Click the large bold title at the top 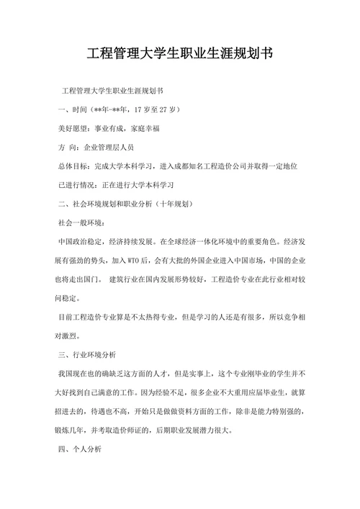(180, 53)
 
